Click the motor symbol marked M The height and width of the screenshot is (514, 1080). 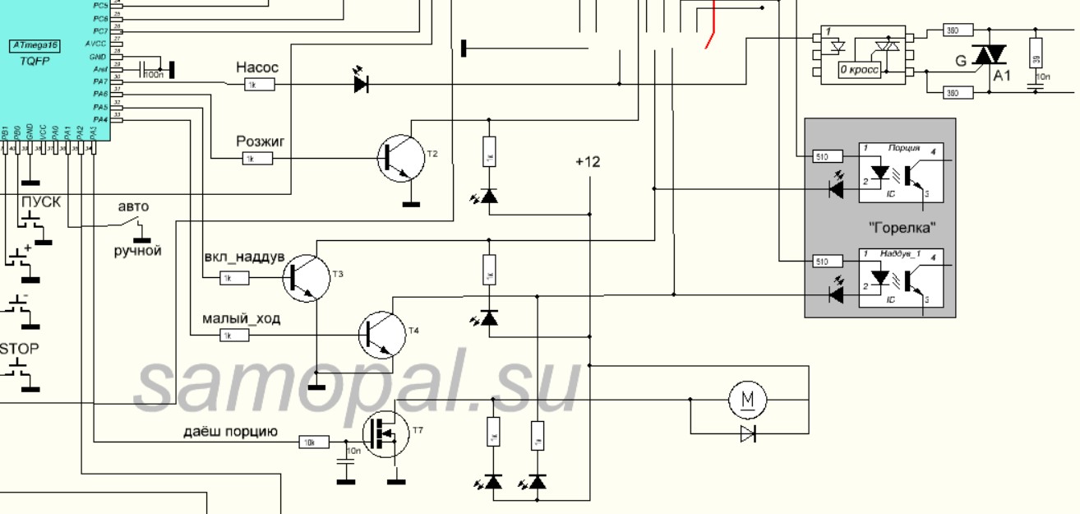(x=747, y=400)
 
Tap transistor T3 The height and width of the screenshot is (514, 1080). (x=306, y=277)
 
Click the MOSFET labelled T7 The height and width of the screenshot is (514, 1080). (x=385, y=434)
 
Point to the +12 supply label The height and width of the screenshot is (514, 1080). (x=588, y=162)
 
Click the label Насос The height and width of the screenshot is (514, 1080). (x=257, y=67)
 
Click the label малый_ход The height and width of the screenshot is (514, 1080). (x=242, y=318)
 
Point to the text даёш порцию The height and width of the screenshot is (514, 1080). (x=230, y=432)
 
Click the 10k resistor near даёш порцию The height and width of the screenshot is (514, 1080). (x=313, y=442)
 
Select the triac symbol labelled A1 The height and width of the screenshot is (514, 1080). (x=990, y=56)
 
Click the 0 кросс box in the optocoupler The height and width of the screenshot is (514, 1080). (x=859, y=71)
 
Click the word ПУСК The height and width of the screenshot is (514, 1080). (x=41, y=202)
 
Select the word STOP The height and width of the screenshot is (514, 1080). (x=19, y=349)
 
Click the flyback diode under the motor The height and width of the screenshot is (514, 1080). (x=747, y=433)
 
